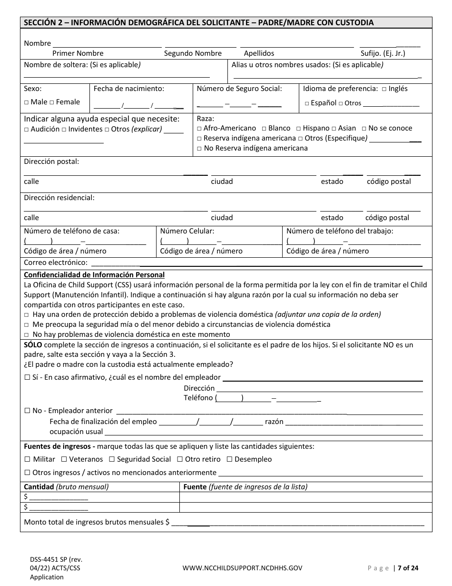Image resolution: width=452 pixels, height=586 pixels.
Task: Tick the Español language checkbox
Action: click(307, 103)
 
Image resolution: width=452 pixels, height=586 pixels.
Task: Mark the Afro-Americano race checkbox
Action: click(199, 129)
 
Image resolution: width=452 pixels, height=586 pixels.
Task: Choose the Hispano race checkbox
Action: click(298, 129)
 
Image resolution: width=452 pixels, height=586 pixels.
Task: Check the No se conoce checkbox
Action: click(364, 129)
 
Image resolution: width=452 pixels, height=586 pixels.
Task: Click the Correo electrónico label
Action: click(56, 263)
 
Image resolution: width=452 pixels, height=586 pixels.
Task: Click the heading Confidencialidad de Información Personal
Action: click(94, 275)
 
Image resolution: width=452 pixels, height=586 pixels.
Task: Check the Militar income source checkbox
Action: click(27, 459)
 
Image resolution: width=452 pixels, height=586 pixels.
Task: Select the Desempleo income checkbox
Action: click(229, 459)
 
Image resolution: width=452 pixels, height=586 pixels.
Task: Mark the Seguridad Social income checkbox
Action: click(112, 459)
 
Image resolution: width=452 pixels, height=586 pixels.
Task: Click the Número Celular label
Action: click(187, 231)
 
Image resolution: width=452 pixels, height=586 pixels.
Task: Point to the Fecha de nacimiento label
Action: click(128, 88)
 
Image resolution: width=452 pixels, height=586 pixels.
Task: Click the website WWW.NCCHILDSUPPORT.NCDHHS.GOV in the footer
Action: click(242, 568)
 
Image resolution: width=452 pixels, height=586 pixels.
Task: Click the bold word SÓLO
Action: click(33, 344)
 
